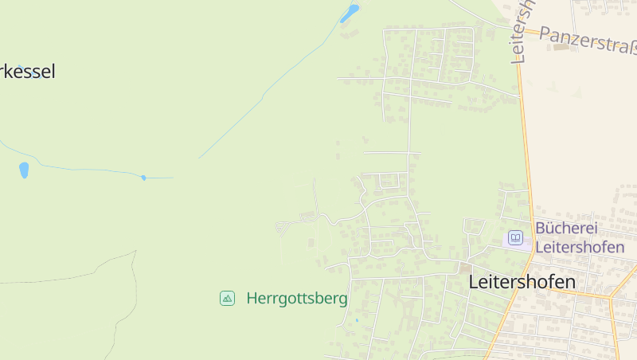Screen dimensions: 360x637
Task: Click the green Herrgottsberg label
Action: [297, 299]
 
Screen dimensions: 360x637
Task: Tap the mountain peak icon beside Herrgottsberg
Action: [228, 299]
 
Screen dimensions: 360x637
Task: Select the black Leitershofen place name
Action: [522, 281]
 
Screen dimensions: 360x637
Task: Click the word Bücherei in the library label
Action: [566, 229]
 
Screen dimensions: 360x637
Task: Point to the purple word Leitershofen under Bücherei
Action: [580, 247]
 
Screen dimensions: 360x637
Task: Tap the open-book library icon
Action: [516, 237]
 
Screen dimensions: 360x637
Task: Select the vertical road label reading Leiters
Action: [522, 30]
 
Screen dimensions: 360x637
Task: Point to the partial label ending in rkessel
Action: [28, 72]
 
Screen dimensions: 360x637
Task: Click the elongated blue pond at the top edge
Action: [350, 13]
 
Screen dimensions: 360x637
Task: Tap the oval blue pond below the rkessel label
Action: [24, 170]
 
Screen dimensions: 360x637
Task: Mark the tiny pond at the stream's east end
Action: [143, 178]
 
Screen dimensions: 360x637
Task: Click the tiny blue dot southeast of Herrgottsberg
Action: [357, 320]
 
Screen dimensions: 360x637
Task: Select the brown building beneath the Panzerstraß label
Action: [561, 47]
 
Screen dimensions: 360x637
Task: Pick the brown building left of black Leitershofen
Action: [464, 269]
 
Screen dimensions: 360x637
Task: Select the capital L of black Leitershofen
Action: [475, 281]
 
